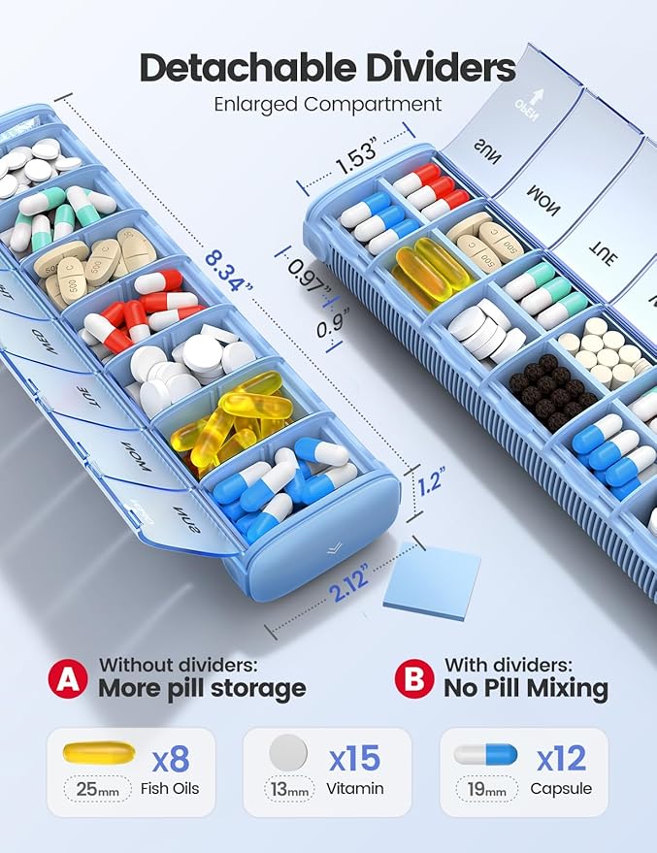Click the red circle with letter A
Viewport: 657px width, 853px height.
click(68, 678)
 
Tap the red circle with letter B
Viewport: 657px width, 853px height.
click(414, 678)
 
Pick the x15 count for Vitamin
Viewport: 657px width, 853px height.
click(352, 756)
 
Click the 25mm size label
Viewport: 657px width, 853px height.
click(98, 789)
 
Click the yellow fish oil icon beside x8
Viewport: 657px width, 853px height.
click(98, 752)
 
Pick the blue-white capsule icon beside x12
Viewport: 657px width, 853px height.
click(486, 754)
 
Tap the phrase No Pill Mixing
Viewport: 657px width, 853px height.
click(526, 689)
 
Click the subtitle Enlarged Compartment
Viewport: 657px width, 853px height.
click(328, 105)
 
